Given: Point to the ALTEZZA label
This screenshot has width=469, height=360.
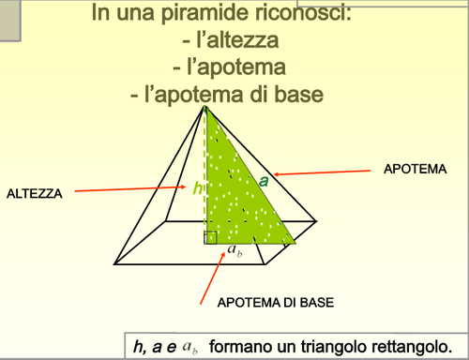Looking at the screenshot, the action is pyautogui.click(x=35, y=193).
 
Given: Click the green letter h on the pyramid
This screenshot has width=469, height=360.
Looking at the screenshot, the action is pyautogui.click(x=197, y=188).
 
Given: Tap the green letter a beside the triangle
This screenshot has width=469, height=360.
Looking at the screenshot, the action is pyautogui.click(x=264, y=180).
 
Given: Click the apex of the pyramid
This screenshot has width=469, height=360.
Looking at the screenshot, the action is pyautogui.click(x=205, y=107).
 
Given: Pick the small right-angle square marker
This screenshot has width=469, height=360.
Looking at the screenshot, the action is pyautogui.click(x=211, y=237).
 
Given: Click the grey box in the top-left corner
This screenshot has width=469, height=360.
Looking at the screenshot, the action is pyautogui.click(x=10, y=21).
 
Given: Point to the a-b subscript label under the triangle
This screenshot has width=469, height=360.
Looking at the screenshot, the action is pyautogui.click(x=235, y=251).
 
